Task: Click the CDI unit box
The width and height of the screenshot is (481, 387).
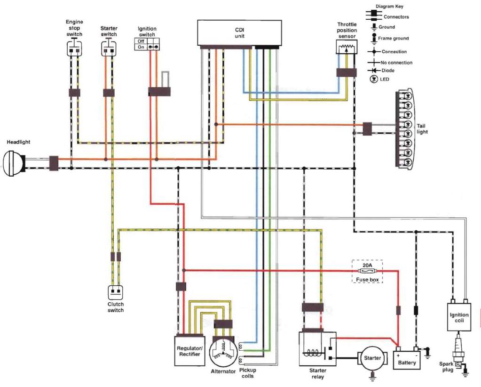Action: [x=239, y=32]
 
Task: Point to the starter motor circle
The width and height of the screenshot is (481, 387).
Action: [x=372, y=358]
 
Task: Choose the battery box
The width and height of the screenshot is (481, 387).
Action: [x=406, y=359]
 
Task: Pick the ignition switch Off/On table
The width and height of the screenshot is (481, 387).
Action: [x=147, y=44]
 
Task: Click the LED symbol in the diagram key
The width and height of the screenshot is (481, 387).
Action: [x=374, y=79]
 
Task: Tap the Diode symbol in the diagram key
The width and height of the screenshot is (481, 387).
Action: [x=374, y=71]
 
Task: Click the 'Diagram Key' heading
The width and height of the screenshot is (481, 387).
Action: [x=389, y=7]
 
